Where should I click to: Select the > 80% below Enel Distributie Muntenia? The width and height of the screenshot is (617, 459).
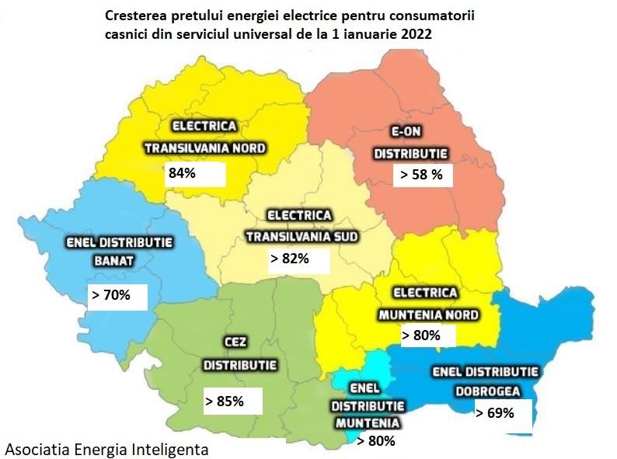[x=375, y=441]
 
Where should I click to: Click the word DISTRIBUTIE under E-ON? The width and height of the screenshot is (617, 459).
[x=409, y=154]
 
